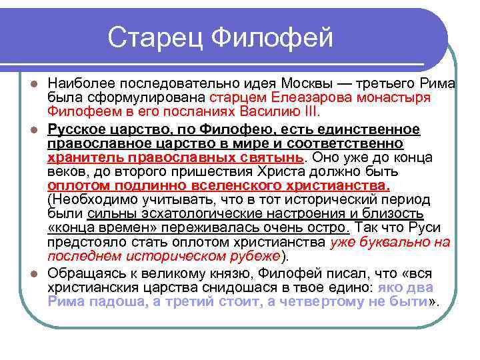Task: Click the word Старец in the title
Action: click(x=155, y=37)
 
